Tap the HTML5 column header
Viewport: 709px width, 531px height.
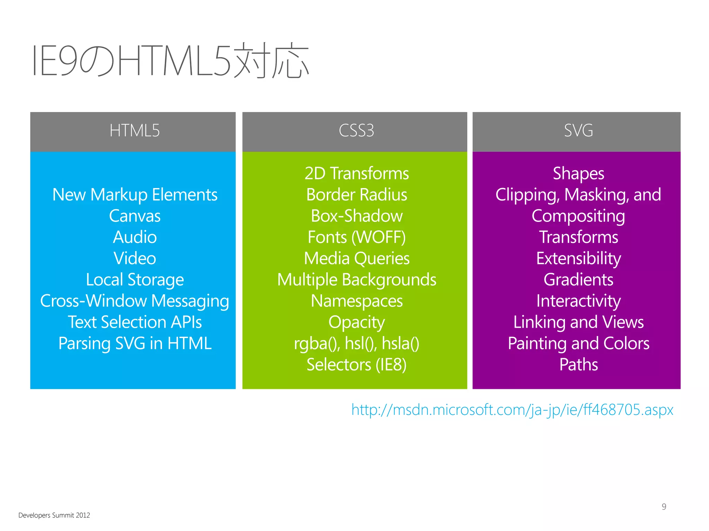click(x=134, y=131)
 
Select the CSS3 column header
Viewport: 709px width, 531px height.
click(x=356, y=131)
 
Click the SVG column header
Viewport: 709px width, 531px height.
click(x=578, y=131)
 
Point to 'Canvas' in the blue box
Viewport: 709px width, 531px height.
click(x=135, y=216)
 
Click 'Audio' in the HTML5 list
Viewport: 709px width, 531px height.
click(x=135, y=237)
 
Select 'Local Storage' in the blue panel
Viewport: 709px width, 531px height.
click(x=135, y=280)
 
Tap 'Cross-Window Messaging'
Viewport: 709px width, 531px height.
click(x=135, y=301)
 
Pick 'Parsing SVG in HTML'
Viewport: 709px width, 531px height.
click(x=135, y=344)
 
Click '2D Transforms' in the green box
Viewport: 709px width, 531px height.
click(x=357, y=174)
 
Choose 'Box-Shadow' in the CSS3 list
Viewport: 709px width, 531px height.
click(x=357, y=216)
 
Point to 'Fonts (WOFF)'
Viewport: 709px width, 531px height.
click(x=357, y=237)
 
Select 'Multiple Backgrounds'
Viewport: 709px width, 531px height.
click(x=357, y=280)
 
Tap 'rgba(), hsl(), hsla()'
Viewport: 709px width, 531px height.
click(x=357, y=344)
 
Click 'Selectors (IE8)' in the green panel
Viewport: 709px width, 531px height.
click(x=357, y=365)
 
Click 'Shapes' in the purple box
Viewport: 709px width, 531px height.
click(x=578, y=174)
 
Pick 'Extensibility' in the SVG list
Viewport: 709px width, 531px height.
click(x=578, y=259)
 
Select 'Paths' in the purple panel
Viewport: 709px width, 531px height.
click(x=578, y=365)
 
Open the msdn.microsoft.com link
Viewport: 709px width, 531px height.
click(x=512, y=410)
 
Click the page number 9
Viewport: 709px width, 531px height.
click(x=664, y=506)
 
